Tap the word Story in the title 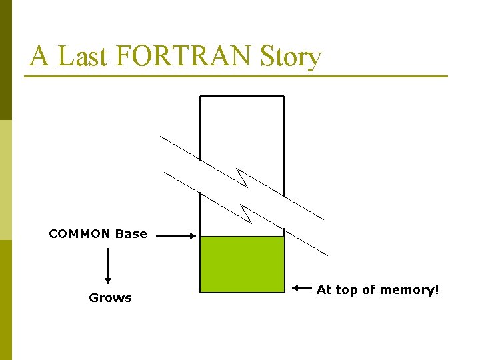tap(291, 57)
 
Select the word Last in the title tap(83, 57)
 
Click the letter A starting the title tap(39, 57)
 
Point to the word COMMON tap(79, 234)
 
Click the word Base tap(131, 234)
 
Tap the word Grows tap(110, 298)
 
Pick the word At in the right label tap(324, 290)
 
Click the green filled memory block tap(242, 264)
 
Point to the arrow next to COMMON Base tap(175, 235)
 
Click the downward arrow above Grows tap(107, 267)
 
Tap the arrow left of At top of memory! tap(302, 289)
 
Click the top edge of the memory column tap(242, 96)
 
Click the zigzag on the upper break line tap(242, 179)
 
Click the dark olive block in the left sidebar tap(6, 60)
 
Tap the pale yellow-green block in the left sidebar tap(6, 180)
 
